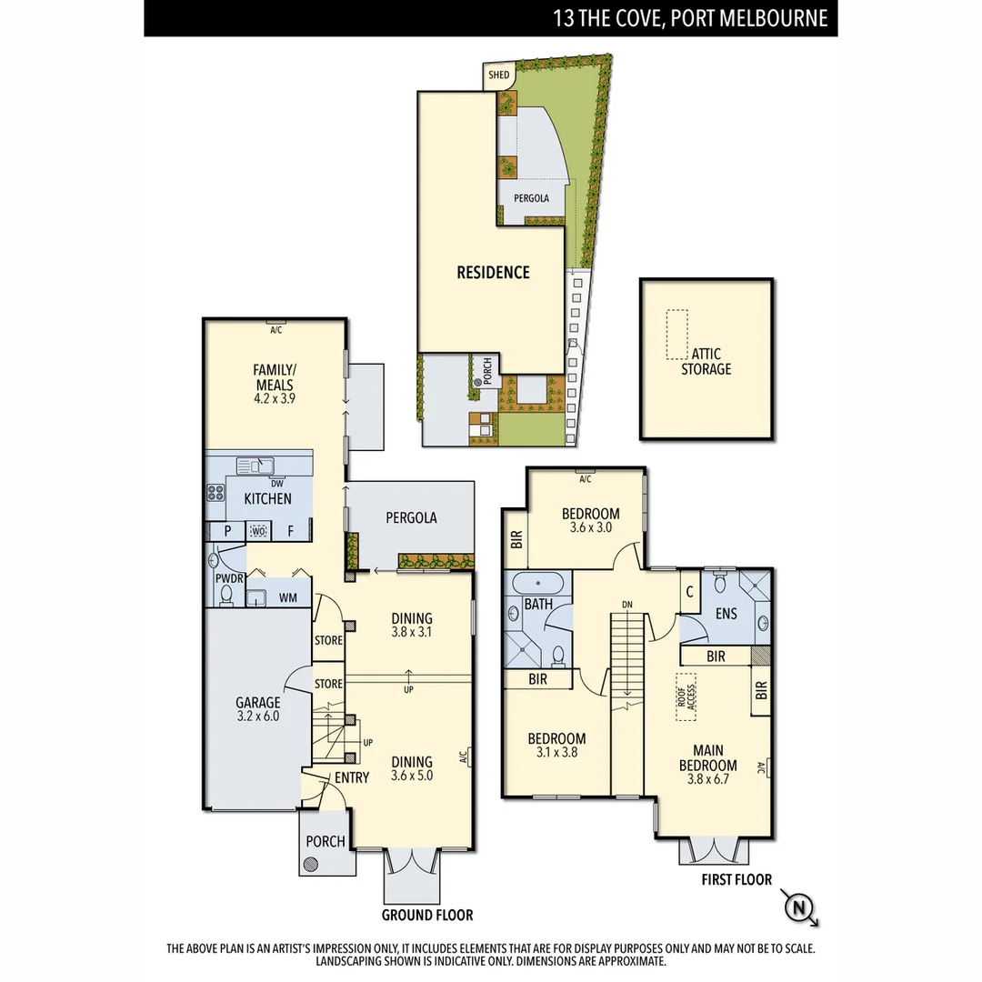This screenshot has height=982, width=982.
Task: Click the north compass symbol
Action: pyautogui.click(x=799, y=907)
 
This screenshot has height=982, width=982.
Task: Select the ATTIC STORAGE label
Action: pyautogui.click(x=706, y=362)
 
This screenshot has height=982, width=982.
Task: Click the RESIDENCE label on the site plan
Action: pyautogui.click(x=493, y=272)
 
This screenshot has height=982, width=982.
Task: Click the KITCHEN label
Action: pyautogui.click(x=267, y=499)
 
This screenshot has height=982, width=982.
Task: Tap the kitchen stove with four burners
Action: pyautogui.click(x=216, y=493)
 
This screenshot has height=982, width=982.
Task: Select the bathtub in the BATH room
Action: pyautogui.click(x=538, y=585)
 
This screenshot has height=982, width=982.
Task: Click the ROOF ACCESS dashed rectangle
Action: pyautogui.click(x=685, y=696)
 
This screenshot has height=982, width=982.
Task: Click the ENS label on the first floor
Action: pyautogui.click(x=726, y=614)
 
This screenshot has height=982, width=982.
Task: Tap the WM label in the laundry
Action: pyautogui.click(x=287, y=597)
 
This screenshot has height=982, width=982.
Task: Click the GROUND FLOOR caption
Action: pyautogui.click(x=427, y=915)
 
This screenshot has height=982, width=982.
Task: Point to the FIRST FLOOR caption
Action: pyautogui.click(x=736, y=879)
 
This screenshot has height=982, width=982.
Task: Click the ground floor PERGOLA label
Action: pyautogui.click(x=411, y=517)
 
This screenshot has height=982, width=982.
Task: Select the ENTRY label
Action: pyautogui.click(x=352, y=777)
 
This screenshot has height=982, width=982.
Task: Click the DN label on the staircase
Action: pyautogui.click(x=626, y=604)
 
